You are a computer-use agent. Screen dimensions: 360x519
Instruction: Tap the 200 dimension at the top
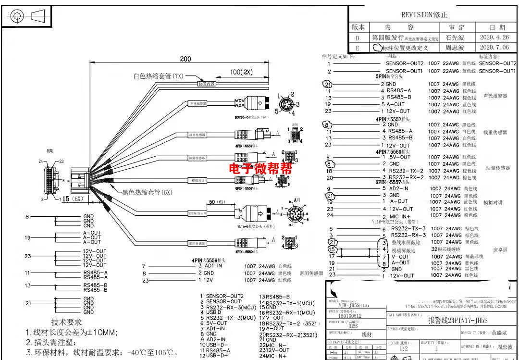(185, 59)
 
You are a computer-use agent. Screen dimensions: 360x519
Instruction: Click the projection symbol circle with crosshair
(18, 16)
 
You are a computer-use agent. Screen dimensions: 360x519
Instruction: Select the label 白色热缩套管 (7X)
(158, 76)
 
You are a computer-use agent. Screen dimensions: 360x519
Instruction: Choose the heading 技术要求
(66, 322)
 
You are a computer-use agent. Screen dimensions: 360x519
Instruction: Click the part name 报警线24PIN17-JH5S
(458, 321)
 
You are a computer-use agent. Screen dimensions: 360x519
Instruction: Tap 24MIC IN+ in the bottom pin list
(273, 356)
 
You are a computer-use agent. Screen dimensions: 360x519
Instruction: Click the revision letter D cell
(357, 37)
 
